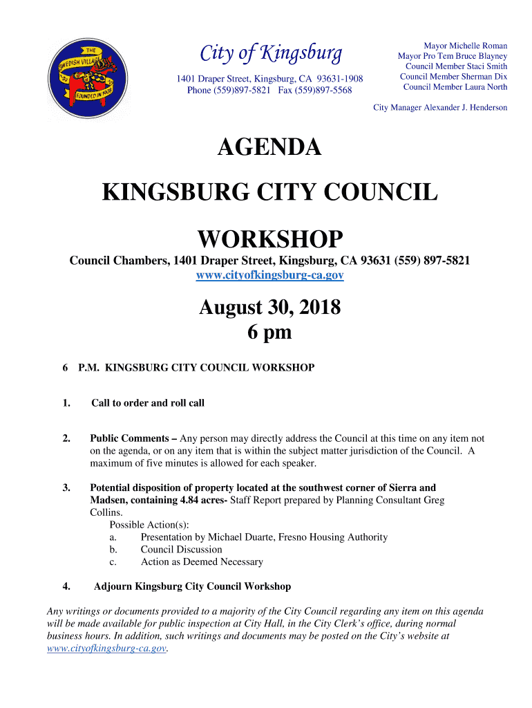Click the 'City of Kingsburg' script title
click(x=270, y=53)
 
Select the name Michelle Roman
click(x=481, y=46)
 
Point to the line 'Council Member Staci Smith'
click(x=456, y=66)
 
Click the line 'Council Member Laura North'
click(x=455, y=87)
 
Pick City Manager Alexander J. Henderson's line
click(x=440, y=108)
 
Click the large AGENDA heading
click(x=269, y=147)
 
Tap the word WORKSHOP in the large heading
click(x=269, y=240)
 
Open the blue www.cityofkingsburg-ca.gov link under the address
click(x=269, y=275)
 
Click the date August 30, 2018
click(x=269, y=307)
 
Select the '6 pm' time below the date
click(x=269, y=333)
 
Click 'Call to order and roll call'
click(x=148, y=403)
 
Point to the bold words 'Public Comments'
click(x=129, y=438)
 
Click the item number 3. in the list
click(x=66, y=488)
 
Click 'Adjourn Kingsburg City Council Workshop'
click(x=192, y=586)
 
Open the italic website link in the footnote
click(x=106, y=649)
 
